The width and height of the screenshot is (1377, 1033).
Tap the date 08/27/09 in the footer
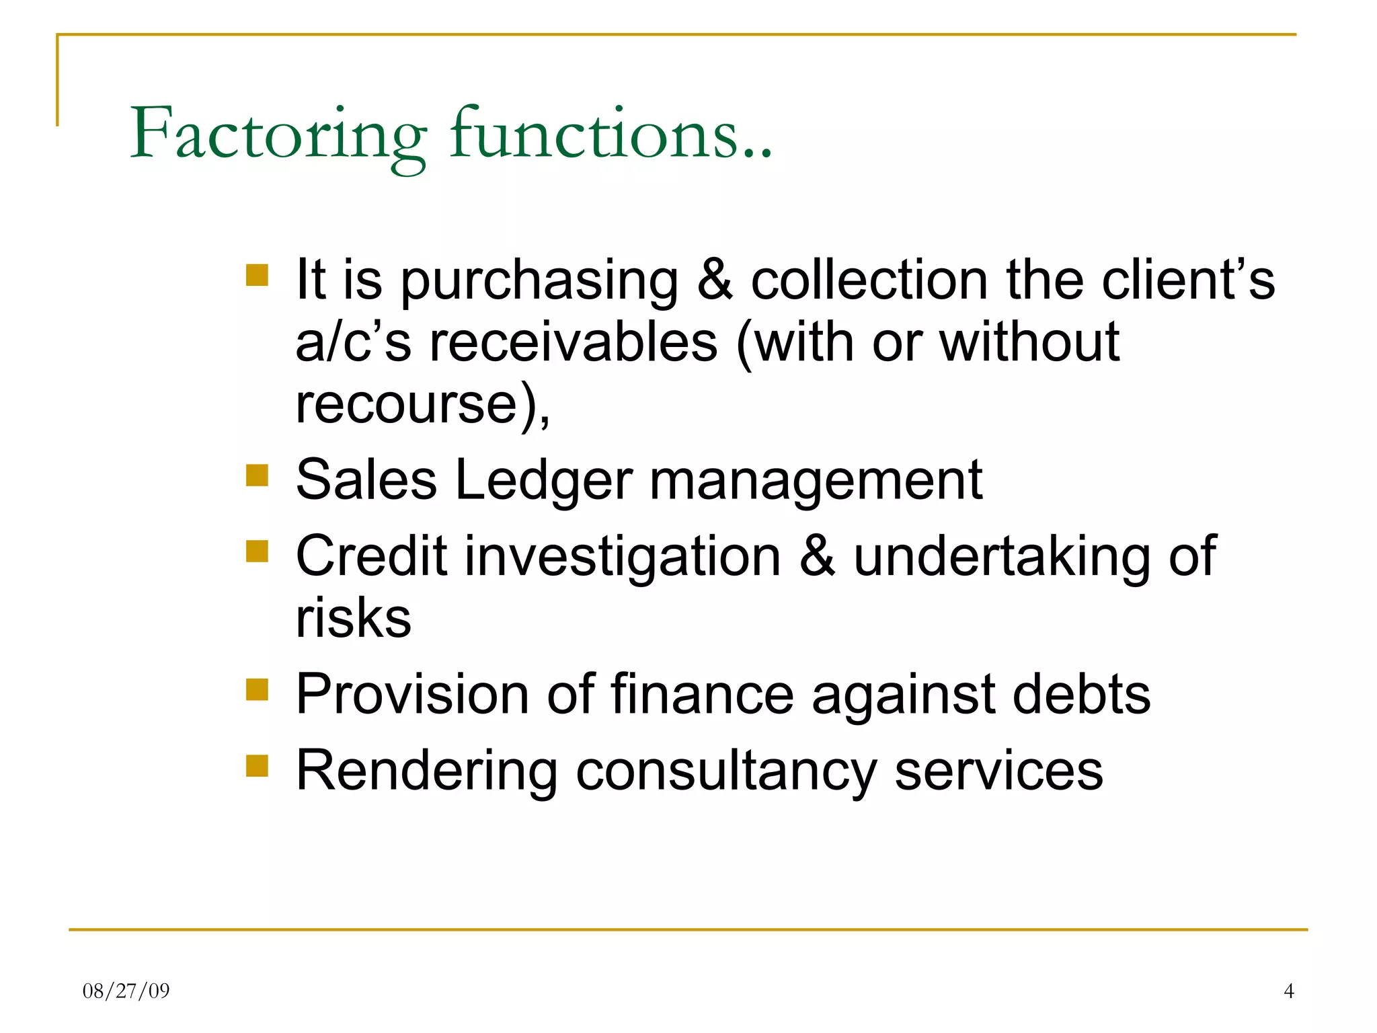126,991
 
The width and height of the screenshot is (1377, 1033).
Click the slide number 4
1288,991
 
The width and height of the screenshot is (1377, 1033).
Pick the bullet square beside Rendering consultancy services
257,765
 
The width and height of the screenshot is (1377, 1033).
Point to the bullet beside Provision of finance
257,689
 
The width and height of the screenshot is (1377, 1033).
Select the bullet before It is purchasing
257,275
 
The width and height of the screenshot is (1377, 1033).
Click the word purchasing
539,281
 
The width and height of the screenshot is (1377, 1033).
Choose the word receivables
574,342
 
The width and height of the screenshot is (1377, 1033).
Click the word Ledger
543,482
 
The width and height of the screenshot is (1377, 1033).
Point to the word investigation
623,558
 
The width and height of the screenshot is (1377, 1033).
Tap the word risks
353,618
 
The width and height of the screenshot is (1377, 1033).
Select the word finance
702,694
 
